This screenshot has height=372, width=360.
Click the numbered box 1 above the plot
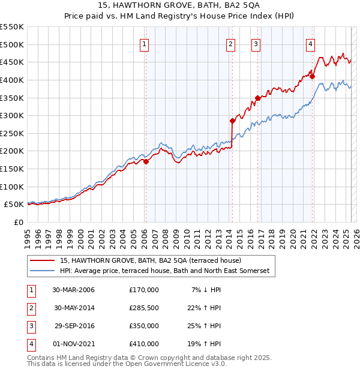pos(145,43)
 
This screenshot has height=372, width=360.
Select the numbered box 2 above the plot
pos(231,43)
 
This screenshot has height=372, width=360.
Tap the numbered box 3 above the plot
pos(256,43)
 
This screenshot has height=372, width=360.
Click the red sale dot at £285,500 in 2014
pos(232,121)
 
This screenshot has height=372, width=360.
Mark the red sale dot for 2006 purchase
pos(146,161)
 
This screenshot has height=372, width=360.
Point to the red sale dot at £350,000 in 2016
pos(257,98)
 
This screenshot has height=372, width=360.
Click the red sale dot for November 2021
pos(312,76)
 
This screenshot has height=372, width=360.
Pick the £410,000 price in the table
pos(143,344)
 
